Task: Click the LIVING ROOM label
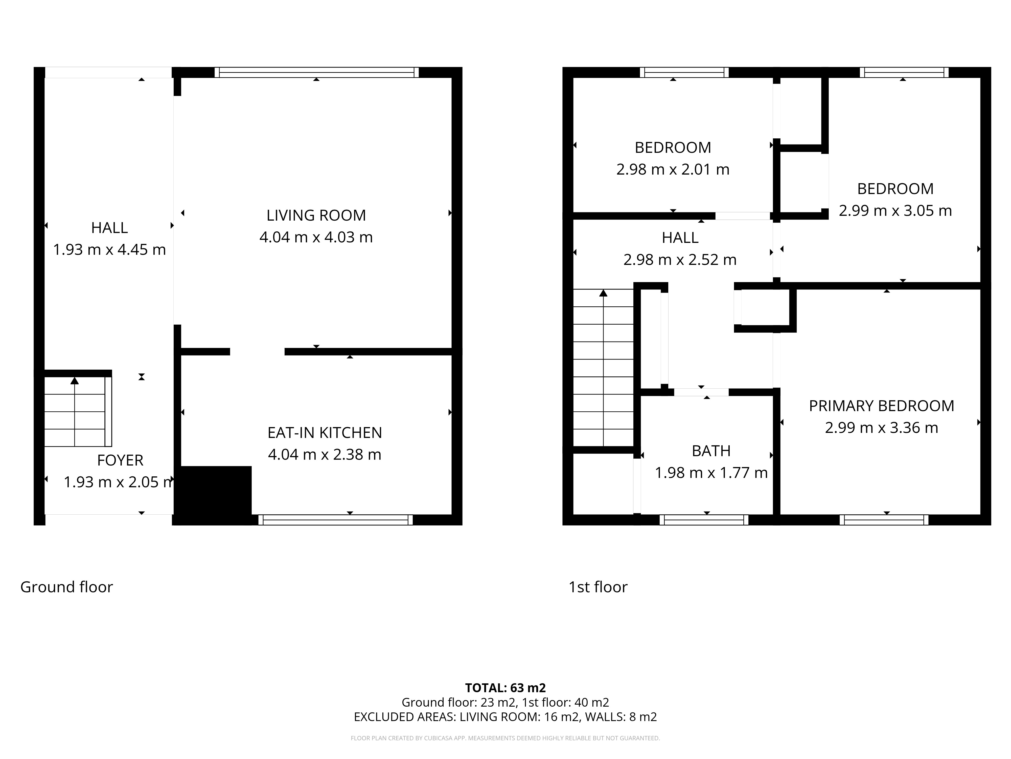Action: click(x=316, y=215)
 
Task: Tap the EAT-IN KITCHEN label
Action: click(x=325, y=432)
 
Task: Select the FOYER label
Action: click(x=120, y=460)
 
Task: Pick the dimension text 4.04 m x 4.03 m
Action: click(x=316, y=237)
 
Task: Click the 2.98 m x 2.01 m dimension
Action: click(x=673, y=169)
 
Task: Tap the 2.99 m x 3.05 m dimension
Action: click(x=895, y=210)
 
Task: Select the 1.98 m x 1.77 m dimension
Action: click(x=711, y=473)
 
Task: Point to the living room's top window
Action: click(x=316, y=72)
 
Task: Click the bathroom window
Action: click(x=704, y=520)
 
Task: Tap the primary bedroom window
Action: click(x=884, y=520)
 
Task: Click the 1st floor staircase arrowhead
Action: click(x=603, y=293)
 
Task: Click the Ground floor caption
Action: click(x=67, y=587)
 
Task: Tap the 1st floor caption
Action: click(x=598, y=587)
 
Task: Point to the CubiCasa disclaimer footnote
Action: click(x=505, y=738)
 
